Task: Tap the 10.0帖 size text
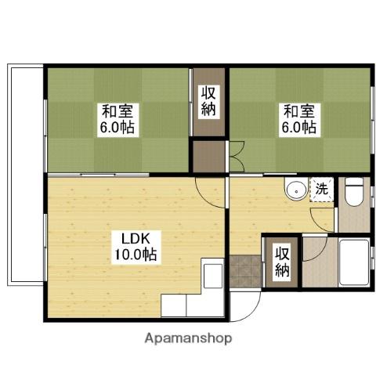click(136, 255)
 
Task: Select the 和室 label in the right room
click(298, 111)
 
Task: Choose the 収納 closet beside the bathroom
click(282, 262)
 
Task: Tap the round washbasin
click(296, 190)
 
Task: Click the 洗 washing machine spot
click(321, 189)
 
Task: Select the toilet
click(354, 191)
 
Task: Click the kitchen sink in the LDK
click(213, 277)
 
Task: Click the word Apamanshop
click(187, 338)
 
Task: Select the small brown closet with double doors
click(209, 156)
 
